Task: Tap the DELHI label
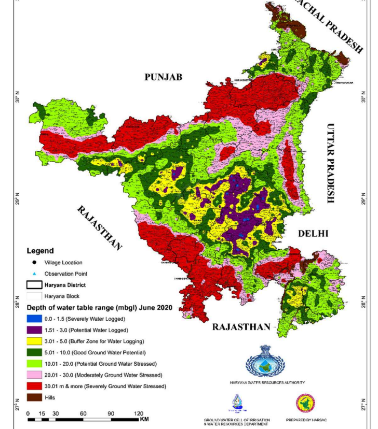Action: coord(313,234)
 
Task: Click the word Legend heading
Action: coord(39,251)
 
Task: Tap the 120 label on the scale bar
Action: coord(138,413)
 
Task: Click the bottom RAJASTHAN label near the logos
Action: coord(241,327)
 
